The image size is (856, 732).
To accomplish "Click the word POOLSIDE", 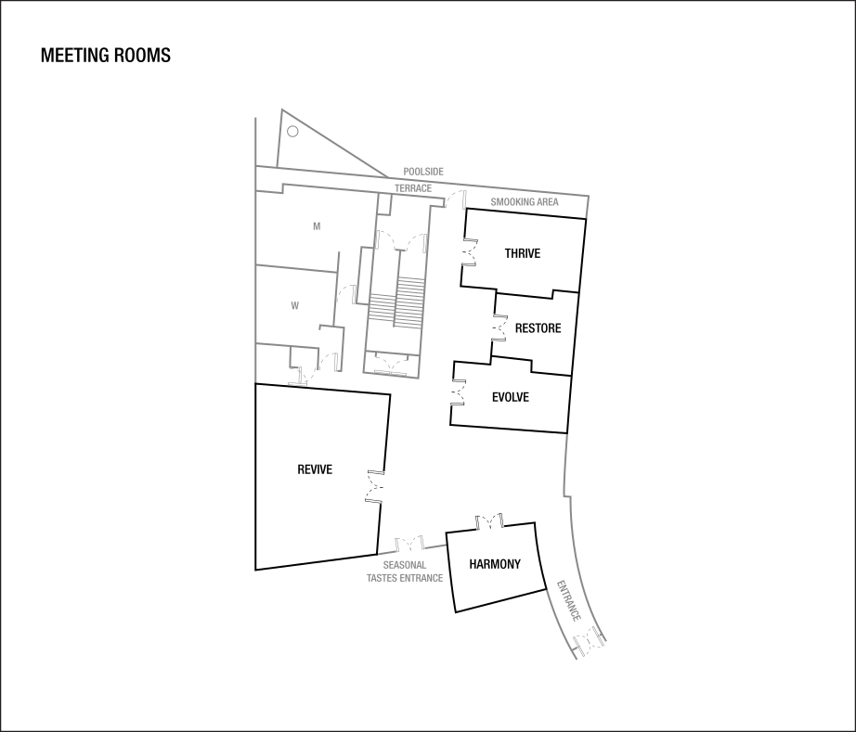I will (423, 172).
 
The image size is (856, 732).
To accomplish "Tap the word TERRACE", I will (413, 188).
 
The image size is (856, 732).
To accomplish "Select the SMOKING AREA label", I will (525, 201).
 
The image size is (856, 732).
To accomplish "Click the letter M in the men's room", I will (317, 225).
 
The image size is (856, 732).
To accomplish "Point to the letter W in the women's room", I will (294, 305).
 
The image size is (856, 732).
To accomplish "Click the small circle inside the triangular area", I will (292, 132).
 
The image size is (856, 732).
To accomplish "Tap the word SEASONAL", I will (405, 564).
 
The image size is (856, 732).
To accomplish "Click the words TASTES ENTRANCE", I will (405, 577).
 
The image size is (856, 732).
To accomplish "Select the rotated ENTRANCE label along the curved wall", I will (568, 601).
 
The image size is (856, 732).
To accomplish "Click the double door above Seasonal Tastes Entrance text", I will (409, 542).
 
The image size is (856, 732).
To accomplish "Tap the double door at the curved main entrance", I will (590, 640).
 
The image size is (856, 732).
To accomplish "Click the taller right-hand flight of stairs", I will (409, 302).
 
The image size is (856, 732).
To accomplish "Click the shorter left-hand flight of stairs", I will (381, 308).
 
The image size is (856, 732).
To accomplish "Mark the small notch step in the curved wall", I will (564, 492).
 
